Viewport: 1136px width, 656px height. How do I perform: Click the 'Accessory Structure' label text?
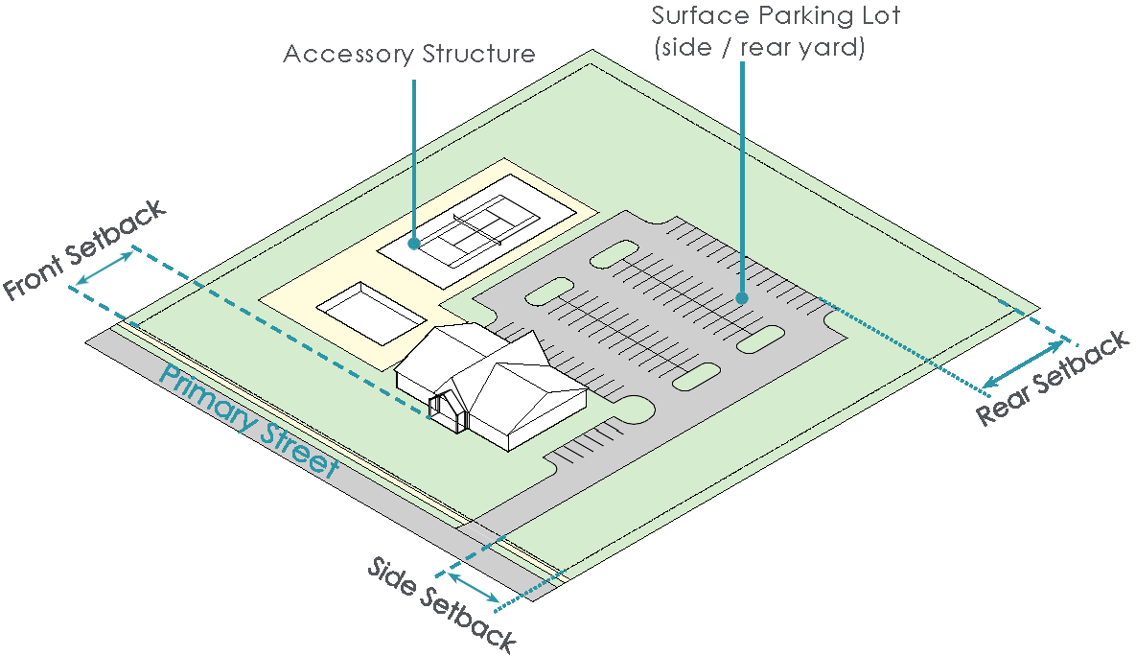pyautogui.click(x=409, y=54)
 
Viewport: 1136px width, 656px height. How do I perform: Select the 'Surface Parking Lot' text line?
pyautogui.click(x=776, y=16)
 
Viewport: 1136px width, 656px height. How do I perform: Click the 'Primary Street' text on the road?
pyautogui.click(x=249, y=422)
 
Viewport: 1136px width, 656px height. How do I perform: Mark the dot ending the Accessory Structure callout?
pyautogui.click(x=414, y=244)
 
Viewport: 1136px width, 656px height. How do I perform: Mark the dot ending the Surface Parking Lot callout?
pyautogui.click(x=742, y=298)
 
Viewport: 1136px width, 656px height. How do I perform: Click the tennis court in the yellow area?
pyautogui.click(x=475, y=230)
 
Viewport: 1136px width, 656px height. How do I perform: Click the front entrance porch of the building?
pyautogui.click(x=447, y=407)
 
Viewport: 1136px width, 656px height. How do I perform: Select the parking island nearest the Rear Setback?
pyautogui.click(x=762, y=338)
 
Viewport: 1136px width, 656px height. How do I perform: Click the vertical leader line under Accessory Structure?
pyautogui.click(x=414, y=158)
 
